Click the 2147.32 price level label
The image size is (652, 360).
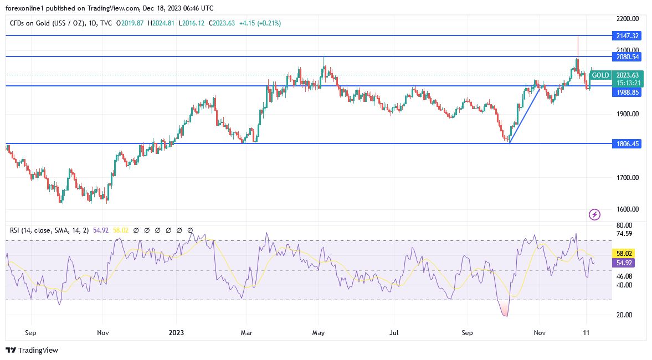click(x=628, y=35)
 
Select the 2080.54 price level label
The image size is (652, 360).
click(x=628, y=56)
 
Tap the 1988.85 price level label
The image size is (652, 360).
click(x=628, y=92)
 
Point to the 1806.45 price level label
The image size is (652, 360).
click(x=628, y=143)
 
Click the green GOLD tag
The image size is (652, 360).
click(x=600, y=75)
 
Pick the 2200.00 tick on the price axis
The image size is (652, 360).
click(x=628, y=19)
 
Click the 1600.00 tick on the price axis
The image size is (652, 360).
click(x=628, y=209)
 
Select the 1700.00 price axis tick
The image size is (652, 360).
click(x=628, y=178)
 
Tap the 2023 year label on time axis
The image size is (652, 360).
click(x=176, y=333)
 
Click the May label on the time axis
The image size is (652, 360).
click(x=319, y=333)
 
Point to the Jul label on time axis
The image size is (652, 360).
click(x=393, y=333)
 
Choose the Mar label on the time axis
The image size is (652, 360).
click(x=247, y=333)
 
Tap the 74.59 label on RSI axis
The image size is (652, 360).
click(x=624, y=234)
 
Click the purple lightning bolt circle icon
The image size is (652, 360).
click(x=594, y=214)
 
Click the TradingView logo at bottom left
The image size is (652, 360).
click(x=32, y=350)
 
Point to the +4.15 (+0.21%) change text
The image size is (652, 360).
click(x=260, y=23)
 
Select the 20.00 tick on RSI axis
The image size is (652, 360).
click(x=624, y=315)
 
